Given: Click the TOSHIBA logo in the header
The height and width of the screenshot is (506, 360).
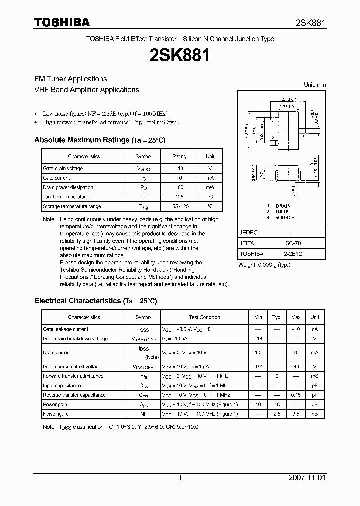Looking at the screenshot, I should [62, 22].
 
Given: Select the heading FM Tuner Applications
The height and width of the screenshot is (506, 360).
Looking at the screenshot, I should [70, 79].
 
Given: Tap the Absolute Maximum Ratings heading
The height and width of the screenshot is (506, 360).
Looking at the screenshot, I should [82, 140].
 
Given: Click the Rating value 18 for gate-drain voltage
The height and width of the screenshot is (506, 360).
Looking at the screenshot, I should [180, 168].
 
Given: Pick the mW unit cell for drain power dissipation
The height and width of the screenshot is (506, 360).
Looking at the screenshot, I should [210, 187].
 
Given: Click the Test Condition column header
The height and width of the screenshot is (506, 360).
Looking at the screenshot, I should [204, 317].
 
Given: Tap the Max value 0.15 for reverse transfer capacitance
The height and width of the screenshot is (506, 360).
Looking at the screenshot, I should [296, 395].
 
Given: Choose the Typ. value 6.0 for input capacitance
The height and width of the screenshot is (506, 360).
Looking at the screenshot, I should [276, 385].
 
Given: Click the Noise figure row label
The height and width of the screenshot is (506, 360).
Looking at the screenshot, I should [56, 414].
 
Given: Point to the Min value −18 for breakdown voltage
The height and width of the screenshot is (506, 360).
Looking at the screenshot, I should [258, 338].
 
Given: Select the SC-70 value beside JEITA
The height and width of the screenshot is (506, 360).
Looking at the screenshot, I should [293, 243].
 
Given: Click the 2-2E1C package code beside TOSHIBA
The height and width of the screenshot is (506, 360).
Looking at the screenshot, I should [293, 253].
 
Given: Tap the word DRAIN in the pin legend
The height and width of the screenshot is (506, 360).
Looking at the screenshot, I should [283, 206].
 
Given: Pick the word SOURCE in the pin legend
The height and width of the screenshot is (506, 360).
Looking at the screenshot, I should [284, 218].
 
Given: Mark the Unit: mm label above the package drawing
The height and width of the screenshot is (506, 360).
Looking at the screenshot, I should [315, 85].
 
